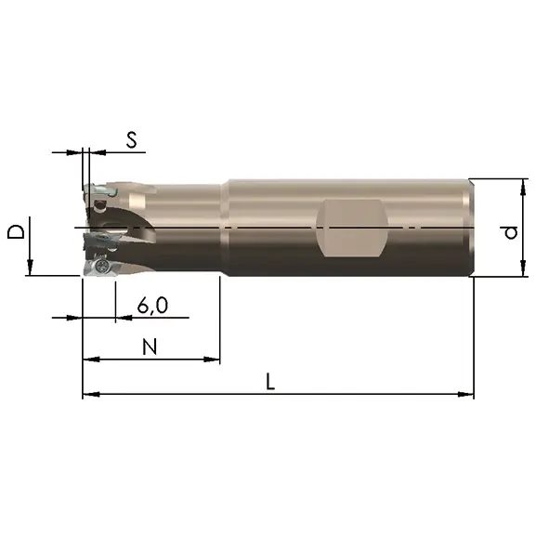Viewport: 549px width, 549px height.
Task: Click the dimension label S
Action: click(x=132, y=140)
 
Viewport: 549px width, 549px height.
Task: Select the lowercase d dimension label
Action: click(x=511, y=233)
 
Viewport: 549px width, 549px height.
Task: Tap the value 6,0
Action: click(x=152, y=306)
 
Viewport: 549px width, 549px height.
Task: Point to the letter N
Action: click(x=150, y=347)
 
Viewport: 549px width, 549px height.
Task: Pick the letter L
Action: click(x=270, y=382)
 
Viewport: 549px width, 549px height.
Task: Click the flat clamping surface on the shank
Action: click(x=352, y=229)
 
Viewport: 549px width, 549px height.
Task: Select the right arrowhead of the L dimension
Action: click(x=465, y=394)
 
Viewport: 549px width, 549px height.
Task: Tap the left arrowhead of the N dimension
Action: click(x=91, y=359)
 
